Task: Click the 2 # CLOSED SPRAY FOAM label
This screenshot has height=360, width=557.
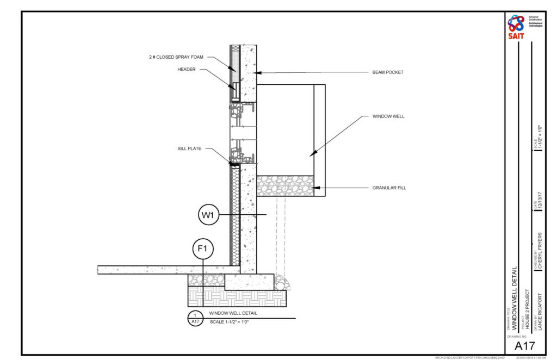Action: [176, 57]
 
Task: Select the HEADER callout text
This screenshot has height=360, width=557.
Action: [187, 69]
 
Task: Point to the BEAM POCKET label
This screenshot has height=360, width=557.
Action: [388, 72]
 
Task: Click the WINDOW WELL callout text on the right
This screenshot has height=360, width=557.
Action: [388, 116]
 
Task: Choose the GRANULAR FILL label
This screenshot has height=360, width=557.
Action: [389, 188]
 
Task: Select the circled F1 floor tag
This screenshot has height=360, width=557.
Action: [203, 249]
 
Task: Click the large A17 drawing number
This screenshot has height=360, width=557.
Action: [525, 345]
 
